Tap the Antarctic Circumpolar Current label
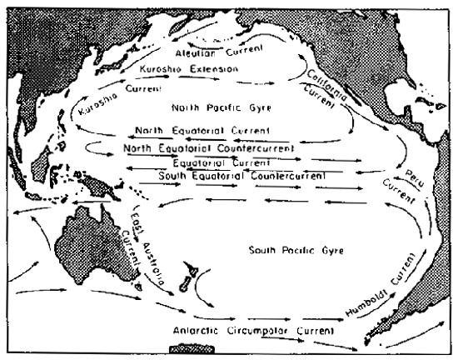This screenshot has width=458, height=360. click(259, 330)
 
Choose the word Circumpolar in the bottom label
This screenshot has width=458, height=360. click(260, 330)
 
